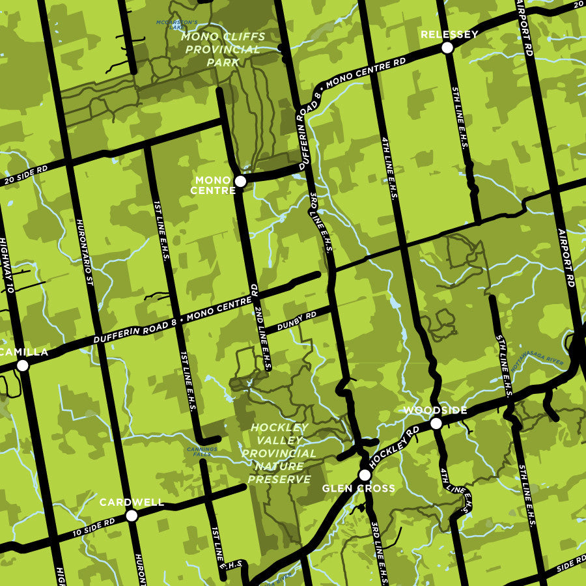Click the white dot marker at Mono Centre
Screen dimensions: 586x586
(x=240, y=181)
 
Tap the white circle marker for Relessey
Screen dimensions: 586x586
(x=447, y=48)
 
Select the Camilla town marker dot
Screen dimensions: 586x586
(x=23, y=365)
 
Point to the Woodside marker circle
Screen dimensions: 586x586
(x=436, y=423)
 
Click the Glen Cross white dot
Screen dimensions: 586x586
(x=365, y=475)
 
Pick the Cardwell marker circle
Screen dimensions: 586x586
(x=132, y=516)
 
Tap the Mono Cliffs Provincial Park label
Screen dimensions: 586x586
(x=220, y=49)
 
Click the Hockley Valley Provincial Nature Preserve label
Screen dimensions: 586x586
(x=279, y=453)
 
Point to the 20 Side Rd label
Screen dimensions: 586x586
(x=25, y=175)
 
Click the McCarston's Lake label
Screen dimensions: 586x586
(x=172, y=25)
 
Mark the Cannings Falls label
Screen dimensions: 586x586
(x=197, y=451)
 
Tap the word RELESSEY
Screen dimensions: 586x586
(x=449, y=34)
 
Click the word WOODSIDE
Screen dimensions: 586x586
(x=435, y=410)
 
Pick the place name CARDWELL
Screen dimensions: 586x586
(x=132, y=502)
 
